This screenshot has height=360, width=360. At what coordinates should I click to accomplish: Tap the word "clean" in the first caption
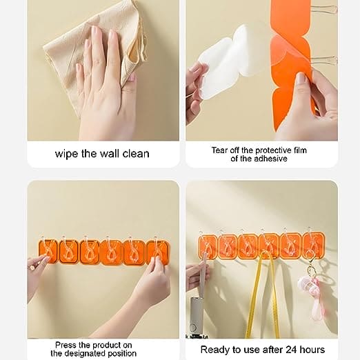tap(136, 154)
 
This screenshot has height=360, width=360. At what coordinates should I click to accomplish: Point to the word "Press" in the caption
tap(66, 345)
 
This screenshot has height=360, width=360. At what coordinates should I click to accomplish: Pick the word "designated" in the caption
tap(87, 353)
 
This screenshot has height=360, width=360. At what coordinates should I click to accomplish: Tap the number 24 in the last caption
tap(290, 350)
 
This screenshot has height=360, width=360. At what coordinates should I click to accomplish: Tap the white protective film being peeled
tap(226, 62)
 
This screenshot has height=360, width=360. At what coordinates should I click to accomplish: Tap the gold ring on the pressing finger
tap(32, 267)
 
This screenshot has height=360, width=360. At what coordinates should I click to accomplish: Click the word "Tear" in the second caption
tap(219, 150)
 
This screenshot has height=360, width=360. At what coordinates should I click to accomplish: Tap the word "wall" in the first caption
tap(108, 154)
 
